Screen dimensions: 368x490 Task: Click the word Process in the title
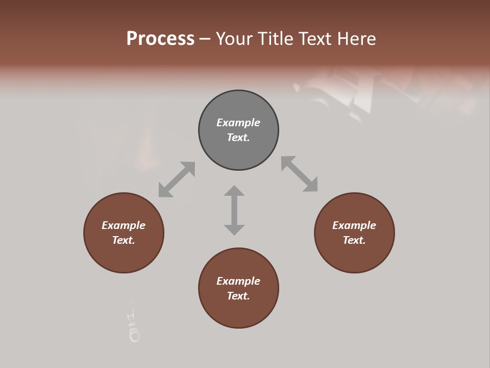[x=160, y=39]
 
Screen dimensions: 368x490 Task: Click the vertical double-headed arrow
[x=234, y=210]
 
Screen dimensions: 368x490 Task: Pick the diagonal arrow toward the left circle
[x=177, y=179]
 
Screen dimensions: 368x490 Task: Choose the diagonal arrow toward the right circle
[x=300, y=174]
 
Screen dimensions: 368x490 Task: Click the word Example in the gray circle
[x=238, y=123]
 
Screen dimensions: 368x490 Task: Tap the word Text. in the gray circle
[x=238, y=137]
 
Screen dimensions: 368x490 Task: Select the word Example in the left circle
[x=124, y=225]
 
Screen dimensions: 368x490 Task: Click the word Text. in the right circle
[x=354, y=240]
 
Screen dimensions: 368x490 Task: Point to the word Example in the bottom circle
[x=238, y=281]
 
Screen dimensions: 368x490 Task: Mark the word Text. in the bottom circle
[x=238, y=296]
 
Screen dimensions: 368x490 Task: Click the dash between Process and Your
[x=205, y=39]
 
